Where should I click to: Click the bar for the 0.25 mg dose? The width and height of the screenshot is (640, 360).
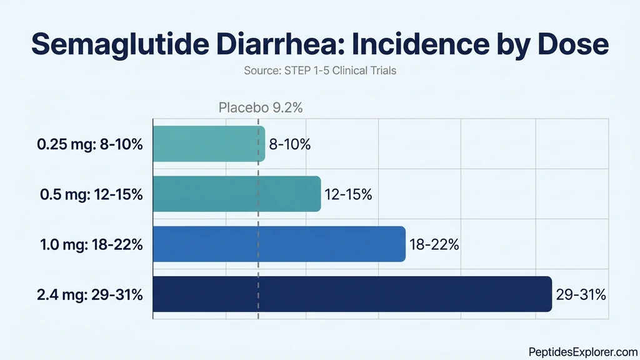(x=209, y=144)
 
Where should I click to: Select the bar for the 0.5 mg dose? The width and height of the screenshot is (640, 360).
(x=237, y=194)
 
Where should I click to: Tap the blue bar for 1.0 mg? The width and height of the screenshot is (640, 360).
(x=279, y=244)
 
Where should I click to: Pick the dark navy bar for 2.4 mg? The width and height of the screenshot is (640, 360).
(x=352, y=294)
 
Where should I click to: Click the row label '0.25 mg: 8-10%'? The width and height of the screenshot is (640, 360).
(x=90, y=145)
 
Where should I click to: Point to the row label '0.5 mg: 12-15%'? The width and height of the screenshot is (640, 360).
(x=91, y=194)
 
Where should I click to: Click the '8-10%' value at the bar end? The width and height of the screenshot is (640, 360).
(x=290, y=145)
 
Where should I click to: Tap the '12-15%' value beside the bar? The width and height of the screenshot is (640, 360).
(x=348, y=194)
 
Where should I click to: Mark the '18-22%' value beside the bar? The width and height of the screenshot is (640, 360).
(x=434, y=244)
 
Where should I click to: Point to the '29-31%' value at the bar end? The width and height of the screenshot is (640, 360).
(x=581, y=294)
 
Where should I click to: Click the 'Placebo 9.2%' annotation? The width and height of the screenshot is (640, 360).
(x=261, y=107)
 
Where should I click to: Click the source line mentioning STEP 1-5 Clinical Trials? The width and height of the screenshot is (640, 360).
(x=319, y=71)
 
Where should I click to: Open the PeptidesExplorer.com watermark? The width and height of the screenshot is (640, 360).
(x=582, y=352)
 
